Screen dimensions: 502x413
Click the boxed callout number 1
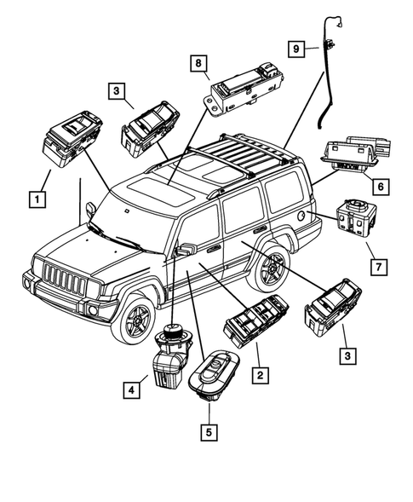(x=36, y=200)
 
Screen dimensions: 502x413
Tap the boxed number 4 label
(x=130, y=391)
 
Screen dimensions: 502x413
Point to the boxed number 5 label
(x=208, y=431)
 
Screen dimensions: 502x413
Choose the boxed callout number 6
(x=381, y=185)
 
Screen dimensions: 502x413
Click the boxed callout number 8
(x=197, y=64)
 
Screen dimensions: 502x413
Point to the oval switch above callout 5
(x=218, y=374)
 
